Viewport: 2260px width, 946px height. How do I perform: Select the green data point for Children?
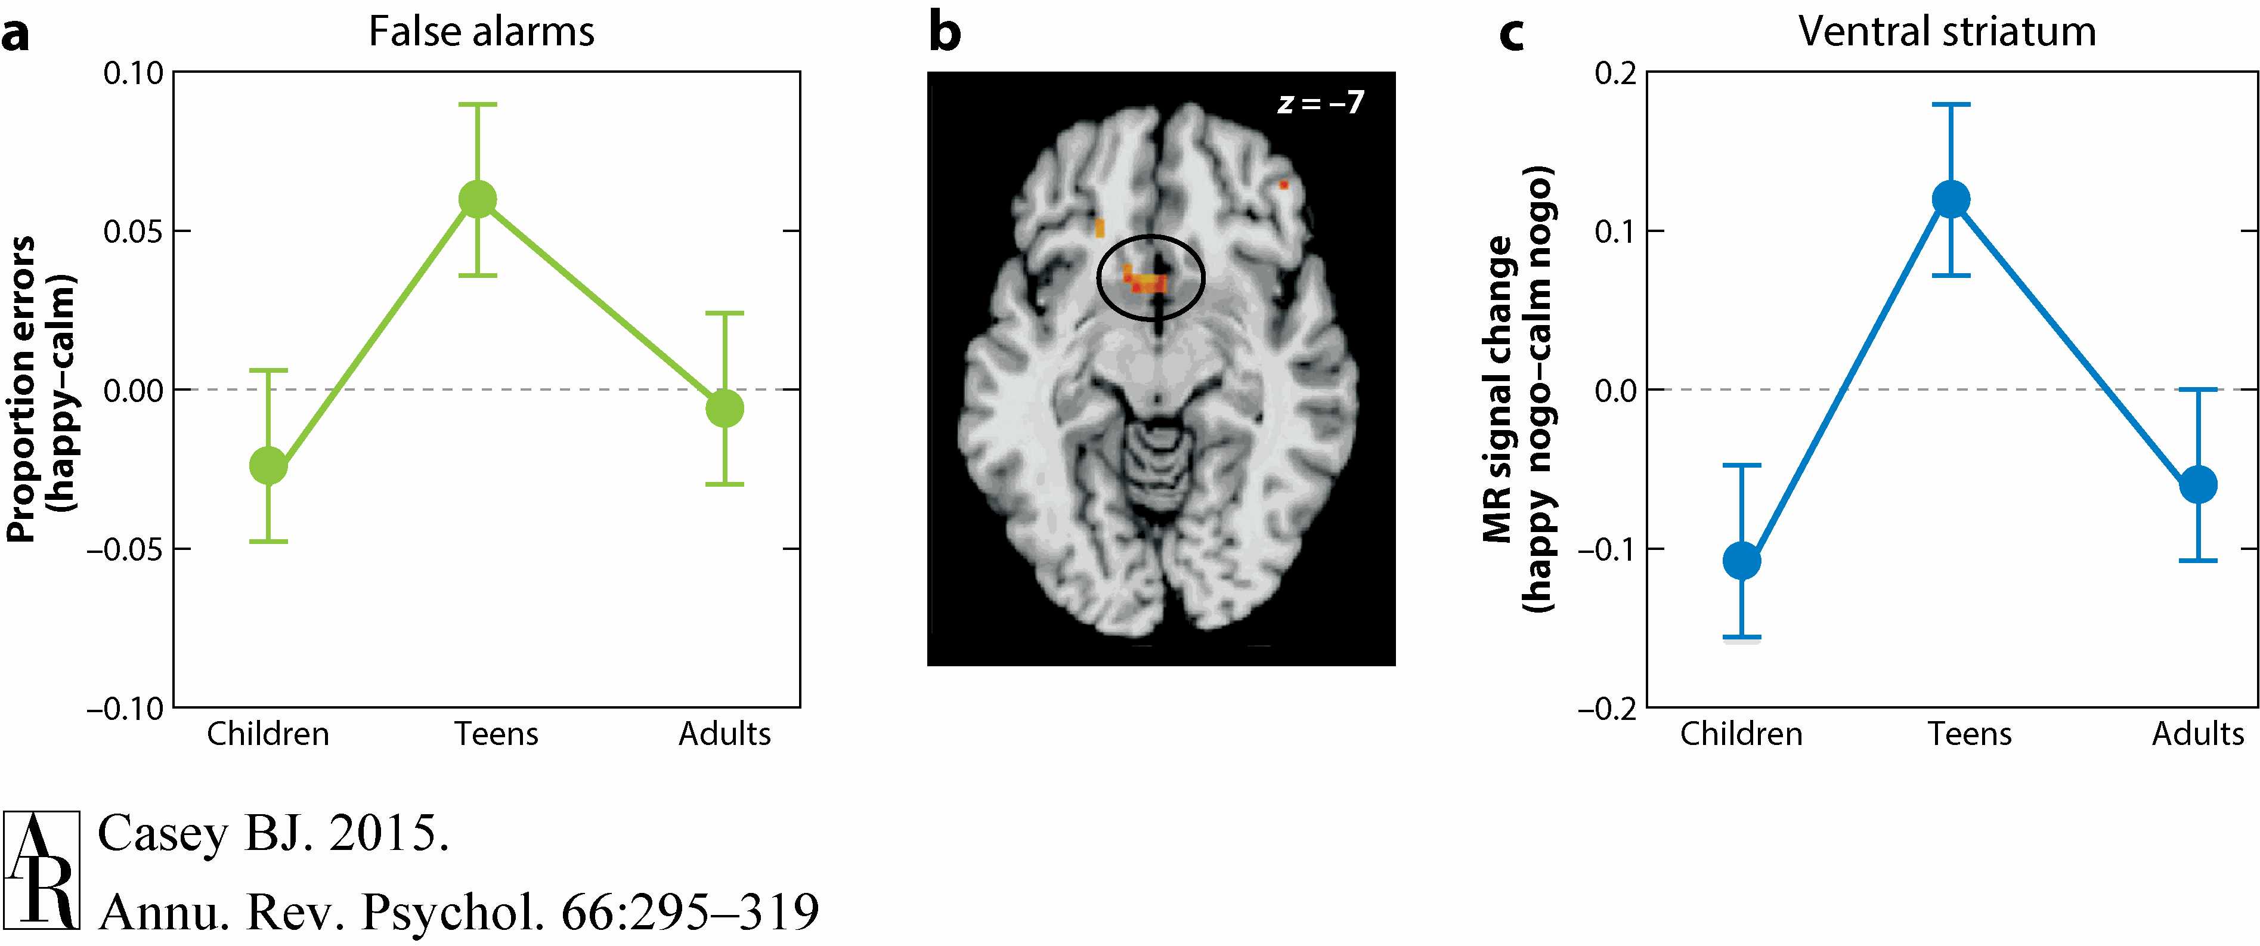coord(268,465)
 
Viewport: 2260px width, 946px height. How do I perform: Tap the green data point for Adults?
coord(725,408)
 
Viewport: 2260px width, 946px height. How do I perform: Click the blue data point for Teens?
coord(1951,199)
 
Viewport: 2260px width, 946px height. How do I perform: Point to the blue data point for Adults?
coord(2199,484)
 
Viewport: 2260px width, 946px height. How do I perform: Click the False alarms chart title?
coord(481,32)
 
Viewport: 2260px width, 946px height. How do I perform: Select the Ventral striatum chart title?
coord(1947,32)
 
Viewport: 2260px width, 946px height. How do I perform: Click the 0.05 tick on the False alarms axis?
coord(134,231)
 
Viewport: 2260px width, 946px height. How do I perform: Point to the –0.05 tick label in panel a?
coord(125,549)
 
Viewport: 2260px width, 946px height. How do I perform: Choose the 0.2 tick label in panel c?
coord(1615,73)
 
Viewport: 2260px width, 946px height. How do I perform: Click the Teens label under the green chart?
coord(496,734)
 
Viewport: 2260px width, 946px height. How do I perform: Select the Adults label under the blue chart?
coord(2198,734)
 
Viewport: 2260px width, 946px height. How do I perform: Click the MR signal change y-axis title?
coord(1517,389)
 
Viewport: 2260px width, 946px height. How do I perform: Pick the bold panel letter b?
coord(945,33)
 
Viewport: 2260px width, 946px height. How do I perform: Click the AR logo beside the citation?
coord(41,870)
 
